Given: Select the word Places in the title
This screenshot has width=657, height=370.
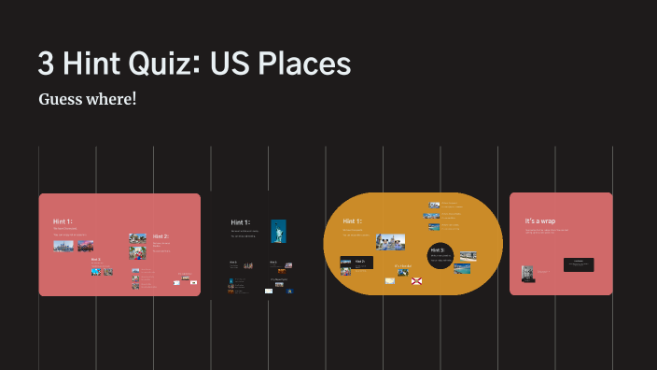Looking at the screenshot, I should [298, 64].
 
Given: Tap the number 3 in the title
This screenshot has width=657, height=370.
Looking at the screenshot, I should [46, 64].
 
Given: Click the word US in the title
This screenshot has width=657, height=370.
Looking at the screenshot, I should [226, 64].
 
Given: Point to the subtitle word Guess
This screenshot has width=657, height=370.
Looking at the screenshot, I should [61, 99].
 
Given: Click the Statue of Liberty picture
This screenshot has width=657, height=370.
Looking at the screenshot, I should [278, 231].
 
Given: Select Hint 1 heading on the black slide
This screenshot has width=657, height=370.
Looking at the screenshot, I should [241, 222].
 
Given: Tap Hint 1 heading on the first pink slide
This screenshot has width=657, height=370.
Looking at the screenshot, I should [63, 221].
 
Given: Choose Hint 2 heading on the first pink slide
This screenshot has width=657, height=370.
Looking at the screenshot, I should [161, 236].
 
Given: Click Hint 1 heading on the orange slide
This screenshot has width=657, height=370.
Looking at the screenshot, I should [352, 221].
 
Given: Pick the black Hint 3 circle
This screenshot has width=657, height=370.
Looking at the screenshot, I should [440, 253].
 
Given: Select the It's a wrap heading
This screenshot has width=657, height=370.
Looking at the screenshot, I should [541, 221].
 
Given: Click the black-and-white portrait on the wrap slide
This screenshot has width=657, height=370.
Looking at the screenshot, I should [528, 273].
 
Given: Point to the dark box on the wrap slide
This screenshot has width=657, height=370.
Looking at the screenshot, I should [579, 264].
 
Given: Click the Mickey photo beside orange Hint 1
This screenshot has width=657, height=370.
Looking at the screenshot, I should [390, 241].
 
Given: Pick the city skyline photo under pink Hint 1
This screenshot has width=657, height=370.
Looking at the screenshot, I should [63, 246].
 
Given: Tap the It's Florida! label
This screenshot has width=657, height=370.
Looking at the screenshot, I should [403, 265].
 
